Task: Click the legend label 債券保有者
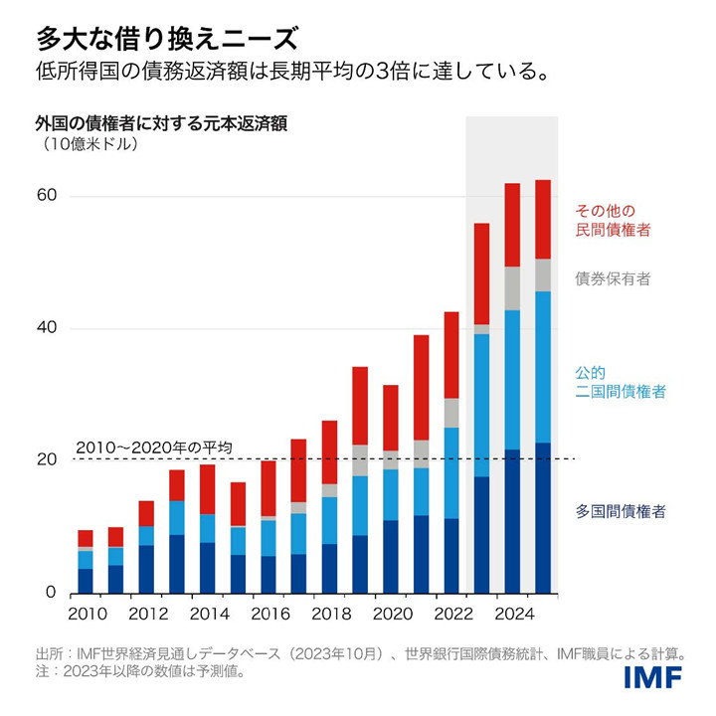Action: [x=614, y=279]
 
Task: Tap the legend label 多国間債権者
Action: [x=621, y=511]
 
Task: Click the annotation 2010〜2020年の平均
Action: [x=154, y=447]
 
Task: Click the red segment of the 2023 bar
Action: [x=482, y=273]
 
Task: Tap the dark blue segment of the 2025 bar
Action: [x=543, y=517]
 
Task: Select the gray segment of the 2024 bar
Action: [x=513, y=288]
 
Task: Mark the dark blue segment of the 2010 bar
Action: [x=86, y=581]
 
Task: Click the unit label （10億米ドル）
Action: [x=89, y=144]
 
